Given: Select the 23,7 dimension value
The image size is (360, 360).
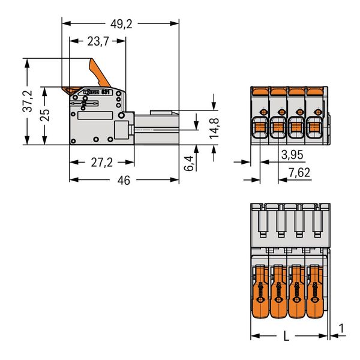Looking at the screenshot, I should click(97, 41).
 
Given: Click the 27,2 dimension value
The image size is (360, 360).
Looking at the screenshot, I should click(102, 163).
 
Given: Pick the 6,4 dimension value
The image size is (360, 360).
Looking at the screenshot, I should click(189, 163).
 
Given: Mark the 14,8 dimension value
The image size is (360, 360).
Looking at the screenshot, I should click(215, 128).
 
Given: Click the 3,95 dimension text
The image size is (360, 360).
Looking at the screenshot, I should click(292, 155).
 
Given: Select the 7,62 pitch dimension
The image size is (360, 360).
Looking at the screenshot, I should click(299, 173).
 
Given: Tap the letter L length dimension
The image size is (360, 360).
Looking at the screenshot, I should click(286, 337).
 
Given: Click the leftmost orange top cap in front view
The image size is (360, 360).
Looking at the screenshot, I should click(260, 91).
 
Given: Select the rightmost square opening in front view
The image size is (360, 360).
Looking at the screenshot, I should click(313, 127).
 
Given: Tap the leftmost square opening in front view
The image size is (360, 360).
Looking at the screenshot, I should click(260, 127).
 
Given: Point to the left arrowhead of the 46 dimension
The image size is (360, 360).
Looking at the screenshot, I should click(73, 179).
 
